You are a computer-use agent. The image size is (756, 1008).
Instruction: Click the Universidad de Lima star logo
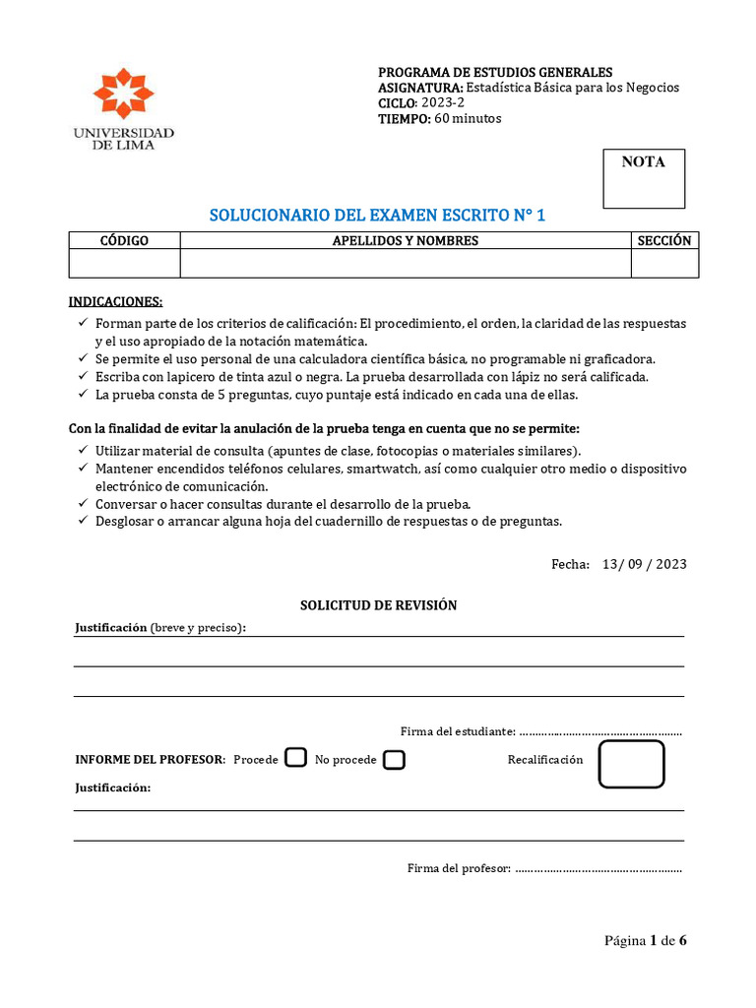123,94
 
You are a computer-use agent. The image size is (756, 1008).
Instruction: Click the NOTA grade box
643,178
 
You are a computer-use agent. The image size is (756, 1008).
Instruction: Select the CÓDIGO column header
124,240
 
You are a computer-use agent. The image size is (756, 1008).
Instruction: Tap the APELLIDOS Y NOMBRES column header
405,240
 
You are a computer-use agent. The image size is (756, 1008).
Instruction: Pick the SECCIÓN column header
664,240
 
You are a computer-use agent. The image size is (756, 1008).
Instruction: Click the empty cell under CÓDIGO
124,264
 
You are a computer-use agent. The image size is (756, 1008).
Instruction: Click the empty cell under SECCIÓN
664,264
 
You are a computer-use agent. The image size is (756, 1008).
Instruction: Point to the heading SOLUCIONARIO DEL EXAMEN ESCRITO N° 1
378,216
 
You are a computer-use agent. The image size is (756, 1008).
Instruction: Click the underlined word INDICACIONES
115,300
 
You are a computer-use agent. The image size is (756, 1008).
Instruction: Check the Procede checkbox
295,757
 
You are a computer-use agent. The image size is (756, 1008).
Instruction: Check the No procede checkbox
394,759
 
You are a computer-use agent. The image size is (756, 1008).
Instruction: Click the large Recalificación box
631,765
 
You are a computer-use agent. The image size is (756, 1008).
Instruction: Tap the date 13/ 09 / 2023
644,564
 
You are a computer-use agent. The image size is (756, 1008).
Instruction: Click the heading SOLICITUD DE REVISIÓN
378,605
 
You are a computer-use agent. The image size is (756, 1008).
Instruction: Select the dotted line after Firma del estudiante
599,732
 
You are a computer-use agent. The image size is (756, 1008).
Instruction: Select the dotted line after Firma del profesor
598,869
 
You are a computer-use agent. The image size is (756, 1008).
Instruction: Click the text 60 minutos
468,119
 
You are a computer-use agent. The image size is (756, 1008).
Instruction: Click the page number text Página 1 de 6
645,940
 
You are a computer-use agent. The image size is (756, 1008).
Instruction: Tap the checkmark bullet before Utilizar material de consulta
82,449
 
